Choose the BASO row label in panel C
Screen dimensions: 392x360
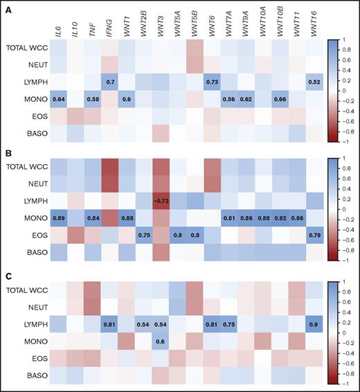pyautogui.click(x=32, y=375)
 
